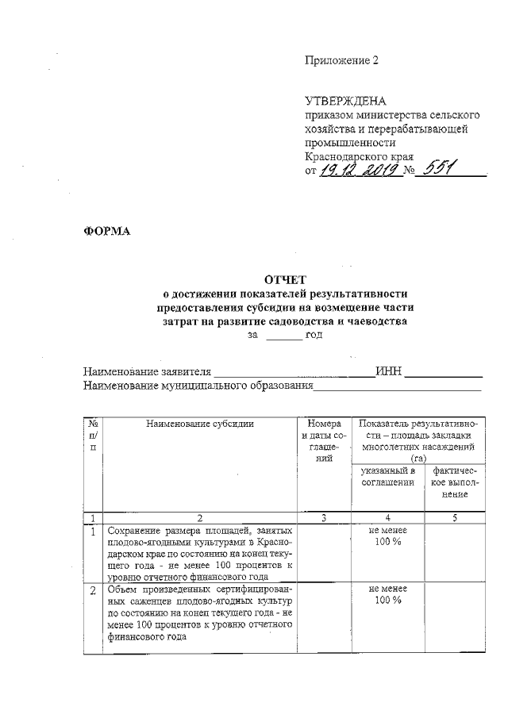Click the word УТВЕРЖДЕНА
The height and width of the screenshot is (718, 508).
pos(345,101)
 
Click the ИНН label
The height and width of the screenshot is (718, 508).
pos(391,371)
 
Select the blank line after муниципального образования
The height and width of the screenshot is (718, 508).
pos(398,388)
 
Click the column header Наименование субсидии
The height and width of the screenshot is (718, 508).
pos(200,424)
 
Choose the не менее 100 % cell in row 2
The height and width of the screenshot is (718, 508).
pos(388,595)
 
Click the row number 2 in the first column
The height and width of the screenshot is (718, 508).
pos(94,591)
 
